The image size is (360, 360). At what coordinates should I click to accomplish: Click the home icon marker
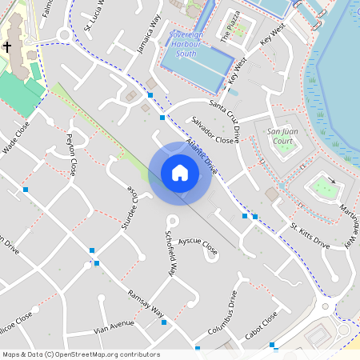(180, 173)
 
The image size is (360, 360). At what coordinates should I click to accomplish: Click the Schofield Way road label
(170, 254)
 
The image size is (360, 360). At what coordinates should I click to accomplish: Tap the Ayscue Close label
(198, 246)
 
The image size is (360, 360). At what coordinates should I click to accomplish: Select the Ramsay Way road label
(146, 303)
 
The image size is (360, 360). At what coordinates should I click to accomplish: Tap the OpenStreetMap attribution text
(81, 354)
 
